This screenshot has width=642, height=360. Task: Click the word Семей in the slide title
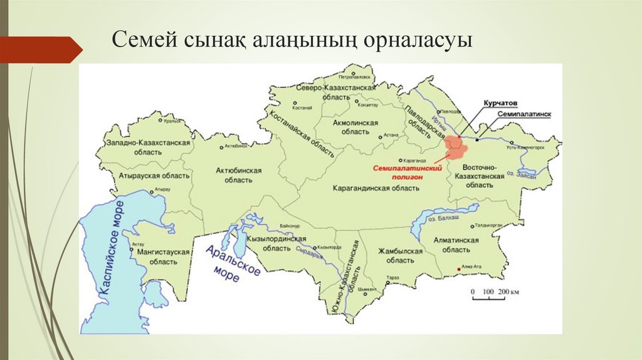coord(139,42)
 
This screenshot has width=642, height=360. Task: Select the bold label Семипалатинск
coord(525,115)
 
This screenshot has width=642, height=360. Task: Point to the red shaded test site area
coord(456,147)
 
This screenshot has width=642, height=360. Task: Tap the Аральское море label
coord(232,263)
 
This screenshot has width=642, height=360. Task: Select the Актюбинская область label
coord(238,175)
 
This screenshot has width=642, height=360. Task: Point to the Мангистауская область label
coord(159,255)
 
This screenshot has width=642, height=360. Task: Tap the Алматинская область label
coord(456,245)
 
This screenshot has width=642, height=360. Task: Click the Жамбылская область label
coord(401,255)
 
